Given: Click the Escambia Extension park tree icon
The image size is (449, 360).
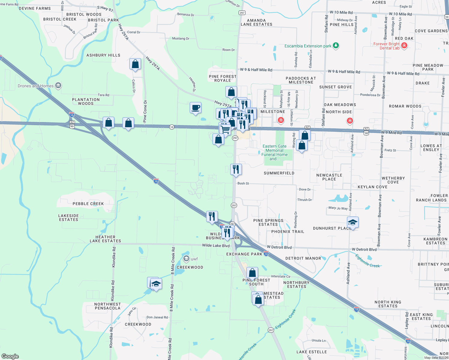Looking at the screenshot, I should (x=336, y=46).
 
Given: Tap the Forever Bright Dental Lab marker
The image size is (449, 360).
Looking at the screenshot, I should (x=404, y=46).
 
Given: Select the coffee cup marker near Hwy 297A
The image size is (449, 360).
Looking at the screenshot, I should (x=195, y=108).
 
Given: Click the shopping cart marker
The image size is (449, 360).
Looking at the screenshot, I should (x=225, y=129).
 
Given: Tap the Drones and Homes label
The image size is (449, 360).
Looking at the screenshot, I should (x=36, y=86).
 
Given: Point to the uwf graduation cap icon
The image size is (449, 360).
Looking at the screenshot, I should (x=186, y=259).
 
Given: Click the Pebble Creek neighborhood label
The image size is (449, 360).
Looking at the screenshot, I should (x=88, y=204).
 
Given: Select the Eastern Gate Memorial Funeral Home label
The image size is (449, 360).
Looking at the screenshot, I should (x=275, y=152).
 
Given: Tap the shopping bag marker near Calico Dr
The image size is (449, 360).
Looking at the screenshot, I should (x=135, y=64).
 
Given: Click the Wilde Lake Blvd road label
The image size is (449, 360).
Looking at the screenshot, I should (x=216, y=245).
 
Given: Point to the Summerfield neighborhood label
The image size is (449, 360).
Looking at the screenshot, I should (x=279, y=173).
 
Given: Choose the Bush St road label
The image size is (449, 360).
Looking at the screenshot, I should (x=243, y=183).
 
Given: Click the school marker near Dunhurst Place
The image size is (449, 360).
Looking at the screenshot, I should (x=353, y=223).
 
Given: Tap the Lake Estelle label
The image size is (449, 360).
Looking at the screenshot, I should (x=312, y=352).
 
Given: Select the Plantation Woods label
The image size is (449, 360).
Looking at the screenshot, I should (x=86, y=101).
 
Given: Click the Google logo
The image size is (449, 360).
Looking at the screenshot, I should (x=10, y=356).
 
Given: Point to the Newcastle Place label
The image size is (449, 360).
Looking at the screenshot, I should (x=329, y=177).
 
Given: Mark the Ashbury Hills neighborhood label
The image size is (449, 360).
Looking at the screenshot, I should (x=103, y=55).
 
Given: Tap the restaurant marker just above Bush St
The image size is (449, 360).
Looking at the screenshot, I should (x=236, y=169).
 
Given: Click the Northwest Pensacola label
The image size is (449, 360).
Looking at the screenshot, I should (x=107, y=306).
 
